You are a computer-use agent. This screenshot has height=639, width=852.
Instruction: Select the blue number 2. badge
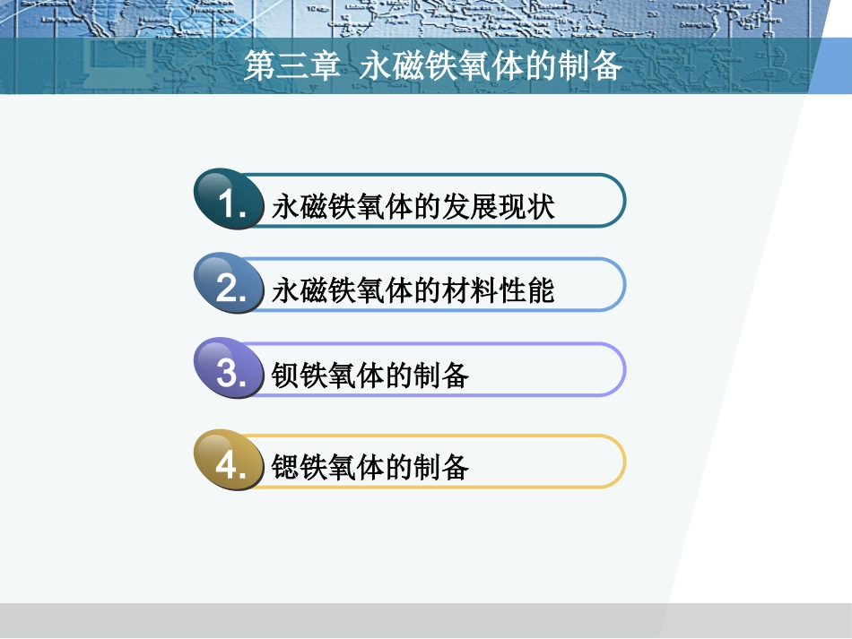click(x=230, y=287)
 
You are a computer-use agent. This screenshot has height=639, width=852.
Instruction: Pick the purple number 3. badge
click(x=230, y=371)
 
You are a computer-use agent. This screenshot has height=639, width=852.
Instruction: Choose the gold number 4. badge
click(x=230, y=464)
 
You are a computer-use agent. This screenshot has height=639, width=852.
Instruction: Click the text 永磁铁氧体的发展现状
click(x=413, y=207)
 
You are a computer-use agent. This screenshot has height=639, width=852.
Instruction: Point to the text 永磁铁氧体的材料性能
click(x=413, y=290)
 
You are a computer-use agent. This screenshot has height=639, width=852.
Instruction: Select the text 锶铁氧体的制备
click(x=370, y=467)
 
